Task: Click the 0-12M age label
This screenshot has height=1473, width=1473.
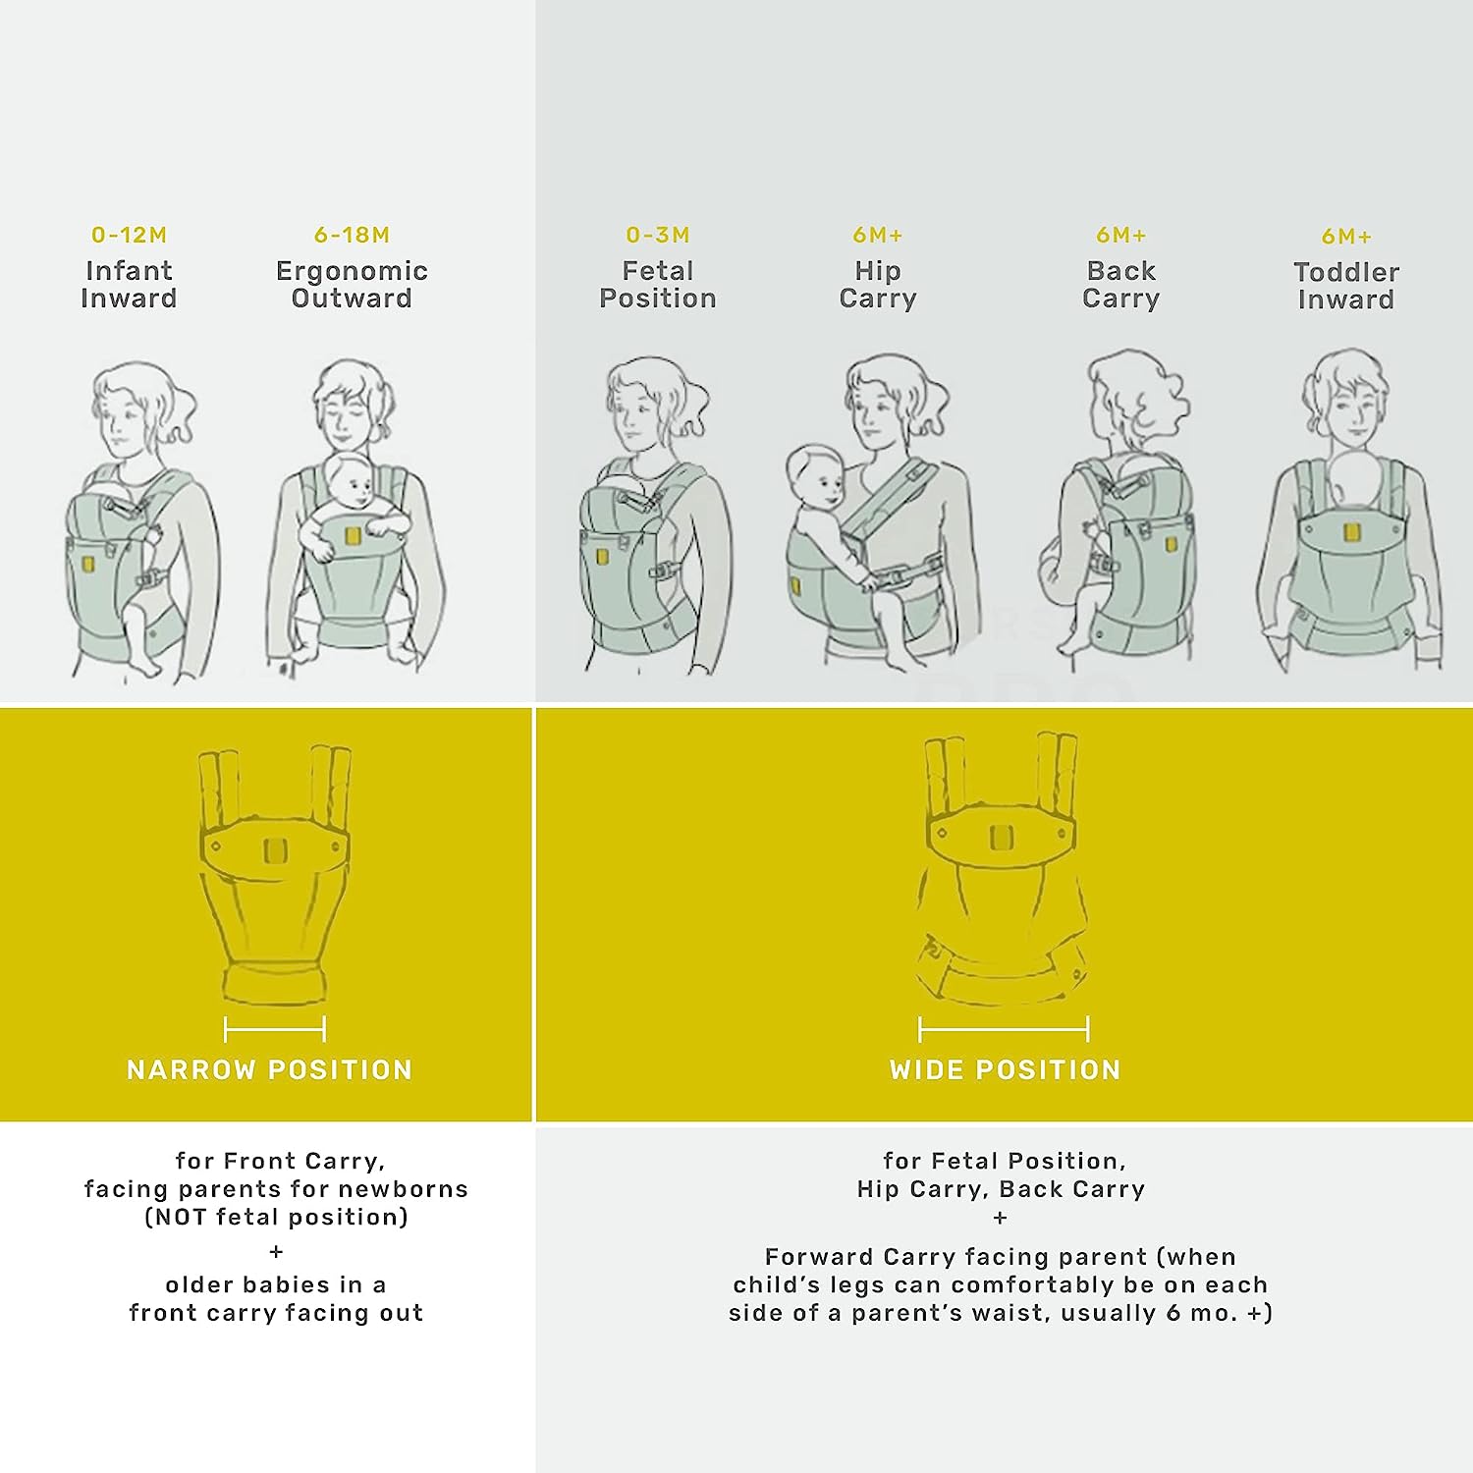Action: click(129, 236)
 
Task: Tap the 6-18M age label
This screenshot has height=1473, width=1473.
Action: click(352, 236)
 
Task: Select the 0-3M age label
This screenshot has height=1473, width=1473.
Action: click(658, 236)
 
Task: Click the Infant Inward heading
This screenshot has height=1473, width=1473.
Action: click(129, 285)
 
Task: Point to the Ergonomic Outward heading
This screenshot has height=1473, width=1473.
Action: click(352, 285)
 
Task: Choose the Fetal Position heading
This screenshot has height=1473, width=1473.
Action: click(658, 285)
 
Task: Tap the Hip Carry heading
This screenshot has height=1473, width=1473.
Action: click(878, 285)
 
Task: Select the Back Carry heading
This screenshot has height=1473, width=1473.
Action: click(1121, 285)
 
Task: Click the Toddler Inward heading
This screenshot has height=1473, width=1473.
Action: click(1346, 286)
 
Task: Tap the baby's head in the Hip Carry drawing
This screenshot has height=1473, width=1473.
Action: click(815, 475)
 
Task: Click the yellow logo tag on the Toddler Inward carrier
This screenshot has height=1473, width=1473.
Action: click(1351, 533)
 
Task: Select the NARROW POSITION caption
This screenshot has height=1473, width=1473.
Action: click(269, 1069)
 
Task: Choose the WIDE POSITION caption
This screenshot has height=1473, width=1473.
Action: click(1005, 1069)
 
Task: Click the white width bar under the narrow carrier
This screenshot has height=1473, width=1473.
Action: click(275, 1029)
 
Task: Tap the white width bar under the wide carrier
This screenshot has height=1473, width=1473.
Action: click(1004, 1029)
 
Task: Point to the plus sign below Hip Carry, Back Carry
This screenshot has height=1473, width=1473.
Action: click(1001, 1219)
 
